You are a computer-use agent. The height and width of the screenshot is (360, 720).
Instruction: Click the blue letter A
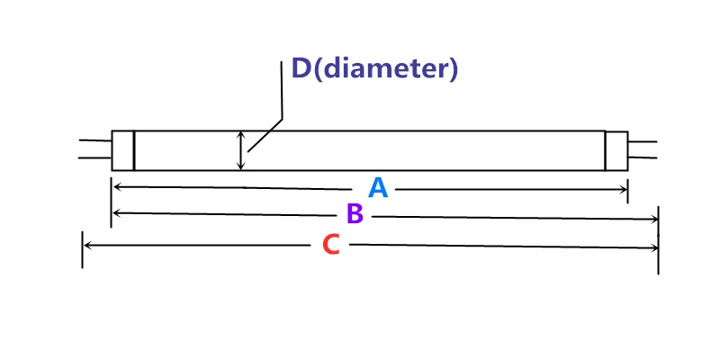click(x=378, y=188)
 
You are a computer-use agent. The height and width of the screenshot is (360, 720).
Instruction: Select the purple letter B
click(x=355, y=214)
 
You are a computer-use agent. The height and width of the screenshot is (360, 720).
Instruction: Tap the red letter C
click(x=331, y=245)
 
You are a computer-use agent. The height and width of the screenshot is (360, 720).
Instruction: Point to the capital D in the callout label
click(x=300, y=68)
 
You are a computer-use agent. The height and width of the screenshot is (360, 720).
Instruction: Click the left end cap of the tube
click(x=122, y=150)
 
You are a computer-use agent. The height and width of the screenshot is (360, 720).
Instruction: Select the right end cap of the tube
click(x=616, y=150)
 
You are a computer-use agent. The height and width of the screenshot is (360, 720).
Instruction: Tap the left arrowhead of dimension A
click(x=116, y=187)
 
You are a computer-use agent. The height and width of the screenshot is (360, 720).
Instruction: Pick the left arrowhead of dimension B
click(x=116, y=213)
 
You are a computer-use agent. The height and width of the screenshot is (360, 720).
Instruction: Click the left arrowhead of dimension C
click(x=87, y=244)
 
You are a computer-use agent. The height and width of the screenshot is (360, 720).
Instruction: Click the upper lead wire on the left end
click(x=94, y=140)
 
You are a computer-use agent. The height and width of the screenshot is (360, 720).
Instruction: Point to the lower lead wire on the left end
click(x=94, y=158)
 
